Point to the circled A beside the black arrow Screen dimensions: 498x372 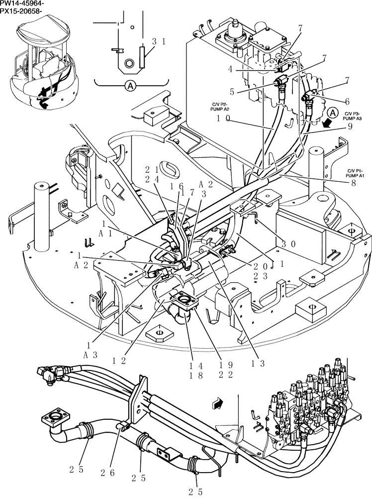333,113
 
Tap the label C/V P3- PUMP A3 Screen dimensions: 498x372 354,117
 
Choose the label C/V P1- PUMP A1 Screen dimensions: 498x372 356,174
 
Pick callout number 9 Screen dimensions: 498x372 350,126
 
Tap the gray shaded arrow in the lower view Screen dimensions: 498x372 217,403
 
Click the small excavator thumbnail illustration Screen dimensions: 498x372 44,65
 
